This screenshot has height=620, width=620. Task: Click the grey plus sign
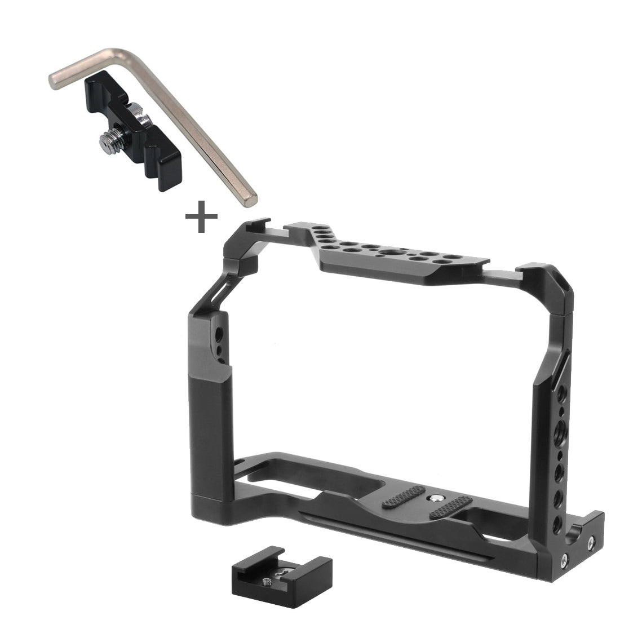click(201, 216)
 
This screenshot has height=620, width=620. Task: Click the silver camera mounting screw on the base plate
click(436, 498)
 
